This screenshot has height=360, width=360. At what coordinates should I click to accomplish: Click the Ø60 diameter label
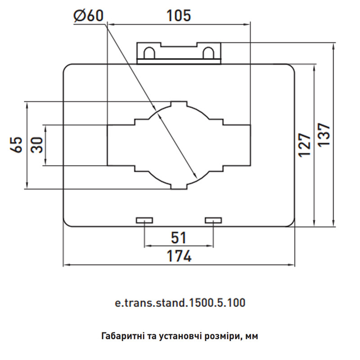(88, 16)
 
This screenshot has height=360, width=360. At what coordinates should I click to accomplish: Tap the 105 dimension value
(179, 16)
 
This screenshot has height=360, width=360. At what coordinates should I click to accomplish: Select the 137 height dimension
(324, 135)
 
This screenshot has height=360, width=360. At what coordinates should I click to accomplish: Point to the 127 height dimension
(305, 145)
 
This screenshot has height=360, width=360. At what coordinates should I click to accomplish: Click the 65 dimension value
(16, 144)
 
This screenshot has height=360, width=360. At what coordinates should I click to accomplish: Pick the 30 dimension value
(37, 145)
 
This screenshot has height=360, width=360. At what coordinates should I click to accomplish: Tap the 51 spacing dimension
(179, 238)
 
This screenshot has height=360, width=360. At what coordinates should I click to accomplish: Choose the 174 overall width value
(179, 256)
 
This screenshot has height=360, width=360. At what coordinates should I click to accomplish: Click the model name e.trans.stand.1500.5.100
(180, 302)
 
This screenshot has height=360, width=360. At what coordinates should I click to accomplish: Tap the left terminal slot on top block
(149, 53)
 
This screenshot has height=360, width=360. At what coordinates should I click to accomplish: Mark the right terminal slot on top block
(208, 53)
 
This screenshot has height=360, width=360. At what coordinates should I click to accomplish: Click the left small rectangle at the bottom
(144, 220)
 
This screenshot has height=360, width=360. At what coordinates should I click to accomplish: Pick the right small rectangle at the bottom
(213, 220)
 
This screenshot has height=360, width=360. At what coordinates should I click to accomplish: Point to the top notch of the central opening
(179, 104)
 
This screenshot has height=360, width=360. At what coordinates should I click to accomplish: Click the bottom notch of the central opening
(179, 186)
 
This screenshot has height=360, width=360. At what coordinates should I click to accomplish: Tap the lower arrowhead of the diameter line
(196, 176)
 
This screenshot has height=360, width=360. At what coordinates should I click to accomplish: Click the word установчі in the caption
(180, 336)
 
